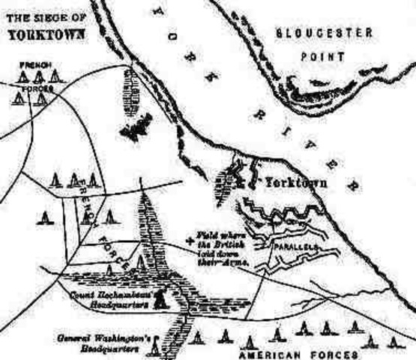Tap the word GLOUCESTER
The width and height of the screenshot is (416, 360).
pyautogui.click(x=314, y=33)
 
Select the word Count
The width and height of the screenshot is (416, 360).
pyautogui.click(x=81, y=295)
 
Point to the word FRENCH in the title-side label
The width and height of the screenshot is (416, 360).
pyautogui.click(x=36, y=66)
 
